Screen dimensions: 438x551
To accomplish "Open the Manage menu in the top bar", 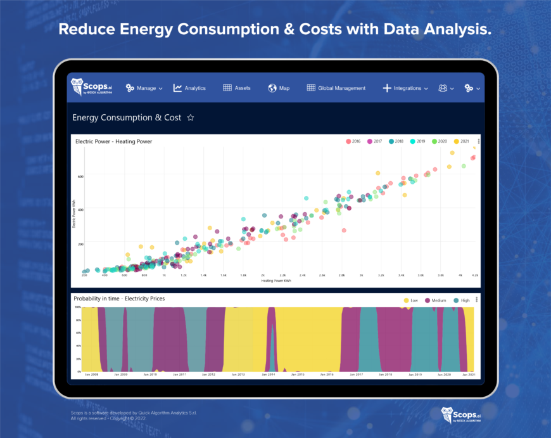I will (144, 88).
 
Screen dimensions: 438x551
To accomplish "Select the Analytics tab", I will (189, 88).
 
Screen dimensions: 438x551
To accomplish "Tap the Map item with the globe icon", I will (279, 88).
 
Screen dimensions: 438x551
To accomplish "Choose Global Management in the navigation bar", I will (336, 88).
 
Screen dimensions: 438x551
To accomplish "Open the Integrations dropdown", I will (406, 88).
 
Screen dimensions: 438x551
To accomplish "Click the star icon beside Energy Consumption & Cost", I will (191, 118).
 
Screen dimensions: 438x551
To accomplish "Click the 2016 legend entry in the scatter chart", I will (353, 141).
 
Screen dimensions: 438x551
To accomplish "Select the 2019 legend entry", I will (417, 141).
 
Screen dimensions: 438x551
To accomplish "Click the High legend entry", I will (460, 300).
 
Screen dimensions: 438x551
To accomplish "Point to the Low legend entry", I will (410, 300).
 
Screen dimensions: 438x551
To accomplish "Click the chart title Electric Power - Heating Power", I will (113, 141).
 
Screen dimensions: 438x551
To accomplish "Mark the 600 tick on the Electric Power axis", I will (80, 176).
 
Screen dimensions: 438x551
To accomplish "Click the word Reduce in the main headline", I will (84, 30).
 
